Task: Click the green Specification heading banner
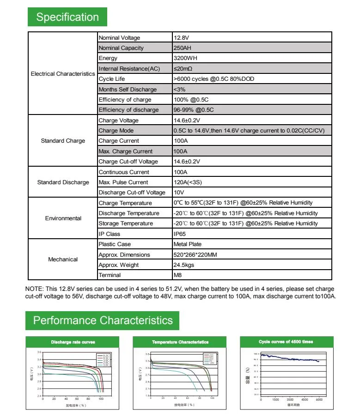[67, 17]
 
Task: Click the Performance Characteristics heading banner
[103, 320]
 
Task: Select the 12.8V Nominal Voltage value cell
[180, 38]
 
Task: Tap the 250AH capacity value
[182, 48]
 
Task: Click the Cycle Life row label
[112, 79]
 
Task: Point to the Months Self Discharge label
[128, 90]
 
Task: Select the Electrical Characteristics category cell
[63, 74]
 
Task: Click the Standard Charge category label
[63, 141]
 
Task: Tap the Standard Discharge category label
[63, 182]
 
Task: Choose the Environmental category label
[63, 218]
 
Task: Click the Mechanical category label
[63, 259]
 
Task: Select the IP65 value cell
[179, 234]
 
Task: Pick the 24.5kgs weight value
[183, 265]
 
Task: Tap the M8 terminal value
[177, 275]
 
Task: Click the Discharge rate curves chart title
[73, 342]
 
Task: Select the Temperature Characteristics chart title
[180, 342]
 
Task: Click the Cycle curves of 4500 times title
[286, 342]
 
